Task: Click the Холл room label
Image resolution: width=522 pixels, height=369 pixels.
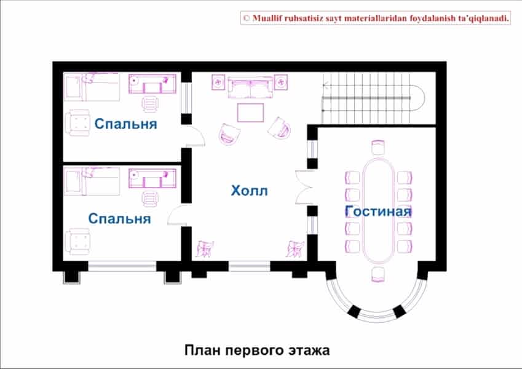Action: [x=250, y=191]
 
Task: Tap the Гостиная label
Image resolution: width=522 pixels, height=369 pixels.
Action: [x=378, y=211]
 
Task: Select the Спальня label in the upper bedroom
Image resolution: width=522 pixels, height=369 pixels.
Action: [x=126, y=124]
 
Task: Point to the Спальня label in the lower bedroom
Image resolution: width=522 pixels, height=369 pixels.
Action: [x=119, y=218]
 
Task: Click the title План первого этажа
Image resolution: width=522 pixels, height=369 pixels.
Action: [x=257, y=350]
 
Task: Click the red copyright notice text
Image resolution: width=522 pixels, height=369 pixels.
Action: [x=376, y=18]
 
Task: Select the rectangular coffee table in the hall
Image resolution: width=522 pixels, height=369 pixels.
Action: [x=250, y=113]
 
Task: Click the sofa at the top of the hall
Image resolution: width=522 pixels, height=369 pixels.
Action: [x=250, y=87]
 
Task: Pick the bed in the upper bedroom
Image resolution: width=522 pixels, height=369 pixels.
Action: [x=92, y=87]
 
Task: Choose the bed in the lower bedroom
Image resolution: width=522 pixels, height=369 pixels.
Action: [x=92, y=181]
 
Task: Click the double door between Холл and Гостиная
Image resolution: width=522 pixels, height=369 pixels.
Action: [x=304, y=187]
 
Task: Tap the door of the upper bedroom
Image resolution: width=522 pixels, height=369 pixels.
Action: [x=195, y=135]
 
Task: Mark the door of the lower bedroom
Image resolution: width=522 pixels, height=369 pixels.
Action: [x=178, y=215]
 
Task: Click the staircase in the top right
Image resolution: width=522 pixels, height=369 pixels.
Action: [x=373, y=98]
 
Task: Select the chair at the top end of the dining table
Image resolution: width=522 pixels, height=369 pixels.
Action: [x=378, y=147]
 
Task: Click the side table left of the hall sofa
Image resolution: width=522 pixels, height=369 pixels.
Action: [x=218, y=82]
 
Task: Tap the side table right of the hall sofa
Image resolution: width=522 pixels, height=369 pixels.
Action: [x=280, y=82]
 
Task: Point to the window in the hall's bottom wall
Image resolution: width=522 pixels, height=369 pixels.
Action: [x=250, y=266]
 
